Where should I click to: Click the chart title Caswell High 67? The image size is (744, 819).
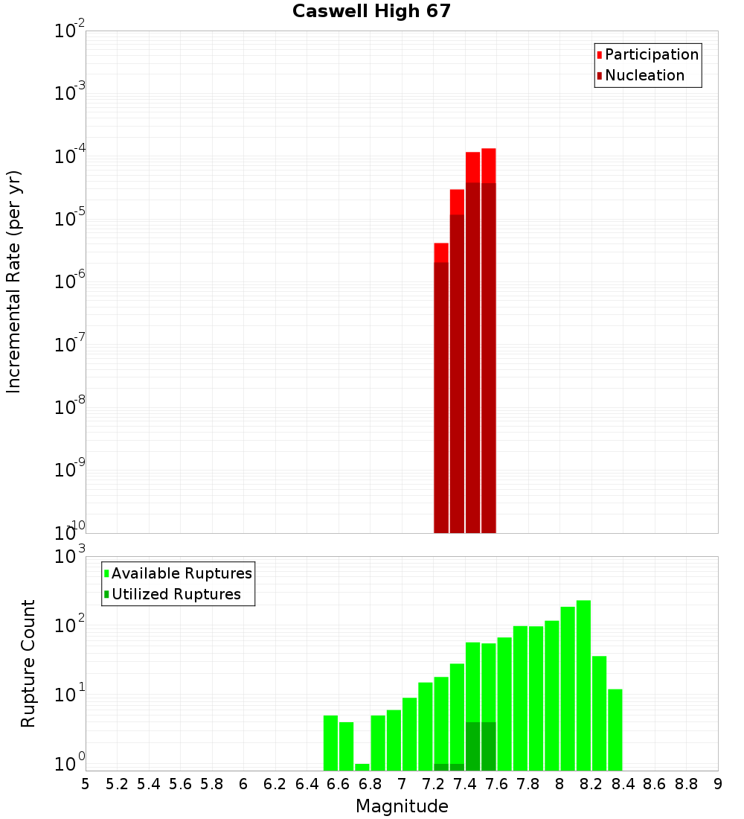tap(371, 11)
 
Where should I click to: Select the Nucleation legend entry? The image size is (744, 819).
tap(644, 75)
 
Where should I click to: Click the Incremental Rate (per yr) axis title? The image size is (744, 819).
tap(14, 281)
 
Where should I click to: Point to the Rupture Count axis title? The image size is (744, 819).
tap(28, 663)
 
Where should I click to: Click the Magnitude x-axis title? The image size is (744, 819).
tap(402, 806)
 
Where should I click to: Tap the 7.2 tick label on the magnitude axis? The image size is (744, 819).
tap(433, 784)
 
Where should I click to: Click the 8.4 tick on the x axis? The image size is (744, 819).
tap(623, 784)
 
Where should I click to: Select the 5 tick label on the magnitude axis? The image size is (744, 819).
tap(86, 784)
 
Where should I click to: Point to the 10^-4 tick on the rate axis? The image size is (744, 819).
tap(69, 156)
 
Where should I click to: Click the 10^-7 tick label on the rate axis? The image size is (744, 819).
tap(69, 345)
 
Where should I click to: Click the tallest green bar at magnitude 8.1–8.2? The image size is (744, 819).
tap(583, 685)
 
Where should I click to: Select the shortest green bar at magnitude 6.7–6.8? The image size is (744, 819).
tap(362, 767)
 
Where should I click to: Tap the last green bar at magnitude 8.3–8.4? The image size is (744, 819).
tap(615, 730)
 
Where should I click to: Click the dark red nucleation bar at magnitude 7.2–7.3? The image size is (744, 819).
tap(441, 395)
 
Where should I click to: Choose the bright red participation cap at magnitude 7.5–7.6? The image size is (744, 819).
tap(489, 165)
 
